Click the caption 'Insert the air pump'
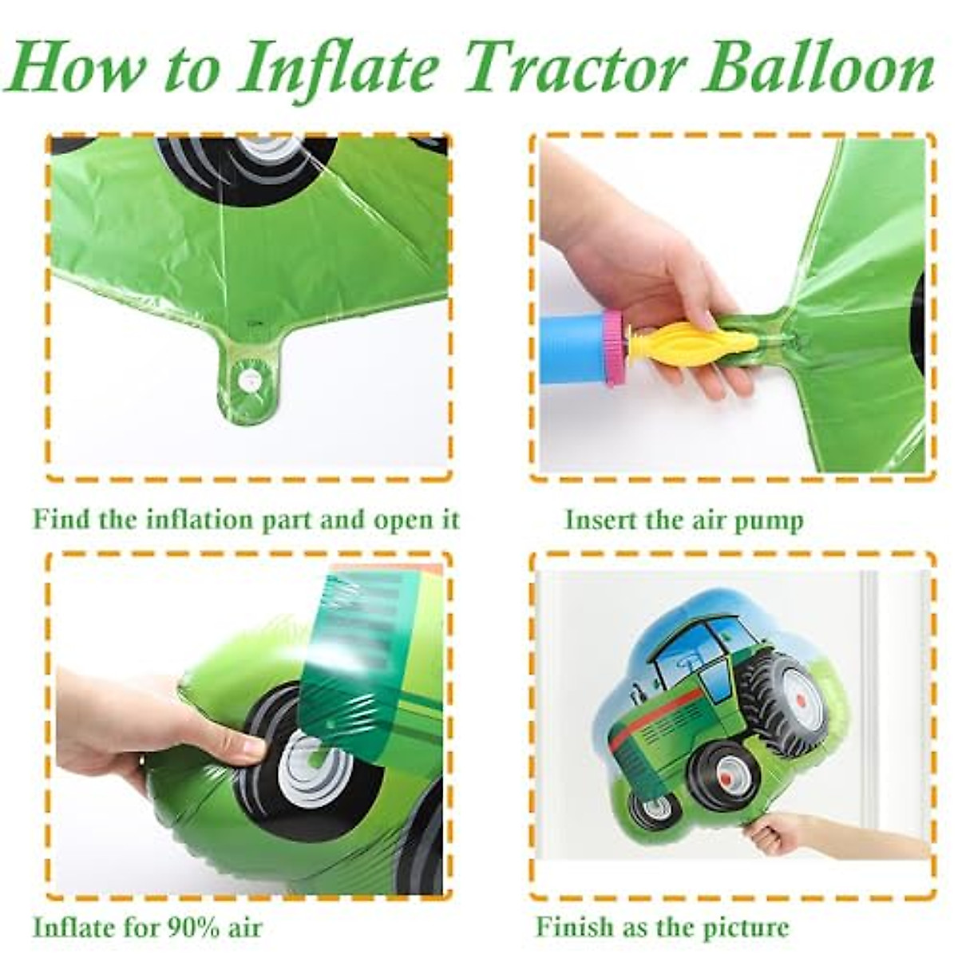coord(684,520)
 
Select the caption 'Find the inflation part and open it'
coord(247,520)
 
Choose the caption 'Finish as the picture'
coord(662,928)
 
